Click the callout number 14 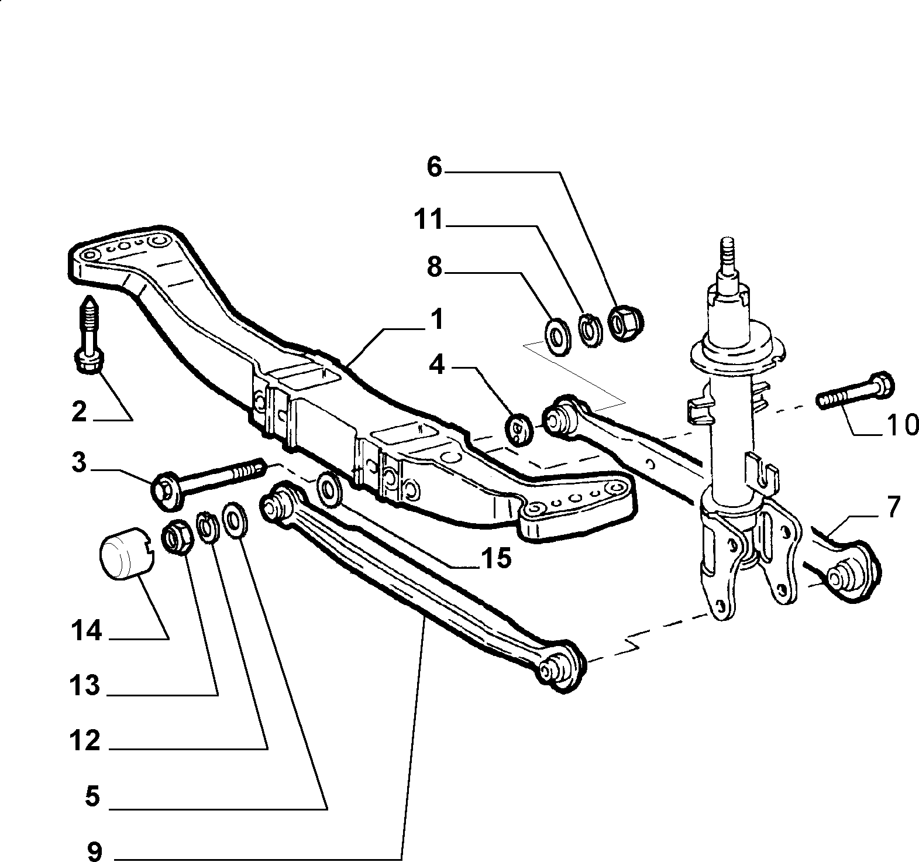87,631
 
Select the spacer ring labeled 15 329,488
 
